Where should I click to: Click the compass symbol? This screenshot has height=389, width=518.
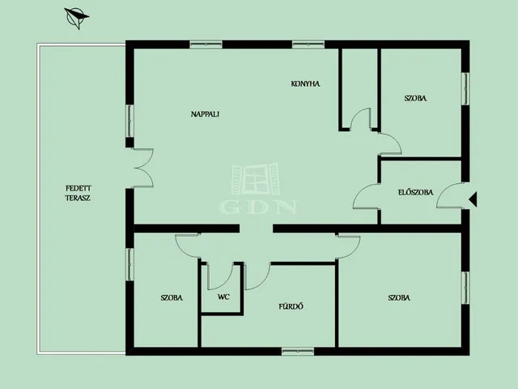point(77,18)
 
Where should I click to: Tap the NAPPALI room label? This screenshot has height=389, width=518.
point(205,114)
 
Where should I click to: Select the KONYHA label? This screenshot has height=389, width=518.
point(305,84)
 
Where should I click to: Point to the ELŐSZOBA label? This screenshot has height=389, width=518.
point(415,192)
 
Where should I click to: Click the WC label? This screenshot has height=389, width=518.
point(223,297)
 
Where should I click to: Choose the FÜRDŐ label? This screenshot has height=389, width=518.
point(291,306)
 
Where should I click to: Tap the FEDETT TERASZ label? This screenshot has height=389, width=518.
point(78,193)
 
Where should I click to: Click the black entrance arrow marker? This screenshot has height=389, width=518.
point(473,199)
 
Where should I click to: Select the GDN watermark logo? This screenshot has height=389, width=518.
point(257,189)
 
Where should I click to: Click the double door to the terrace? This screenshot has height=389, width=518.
point(143,168)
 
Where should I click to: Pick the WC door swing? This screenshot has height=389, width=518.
point(220,276)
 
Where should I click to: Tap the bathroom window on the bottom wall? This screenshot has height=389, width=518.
point(298,351)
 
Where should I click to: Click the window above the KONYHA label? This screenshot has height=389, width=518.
point(308,45)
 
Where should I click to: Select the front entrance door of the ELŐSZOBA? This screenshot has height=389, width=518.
point(449,195)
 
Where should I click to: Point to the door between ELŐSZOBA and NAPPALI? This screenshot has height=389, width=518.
point(367,196)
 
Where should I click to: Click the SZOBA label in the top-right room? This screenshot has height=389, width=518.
point(415,98)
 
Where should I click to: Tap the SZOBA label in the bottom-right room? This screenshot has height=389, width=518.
point(399,297)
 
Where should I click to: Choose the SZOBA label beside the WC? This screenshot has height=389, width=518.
point(172,297)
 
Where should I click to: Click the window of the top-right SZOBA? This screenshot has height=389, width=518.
point(465,88)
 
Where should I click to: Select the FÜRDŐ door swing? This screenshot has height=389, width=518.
point(257,276)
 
